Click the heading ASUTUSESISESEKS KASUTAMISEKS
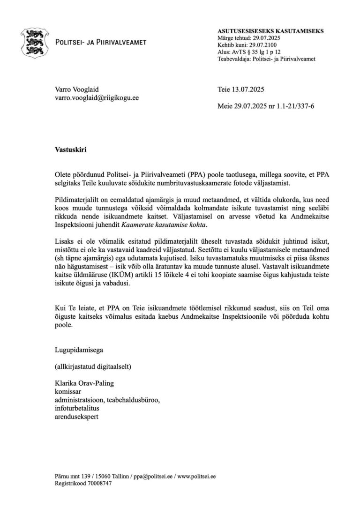(x=270, y=31)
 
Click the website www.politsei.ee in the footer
(x=197, y=476)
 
